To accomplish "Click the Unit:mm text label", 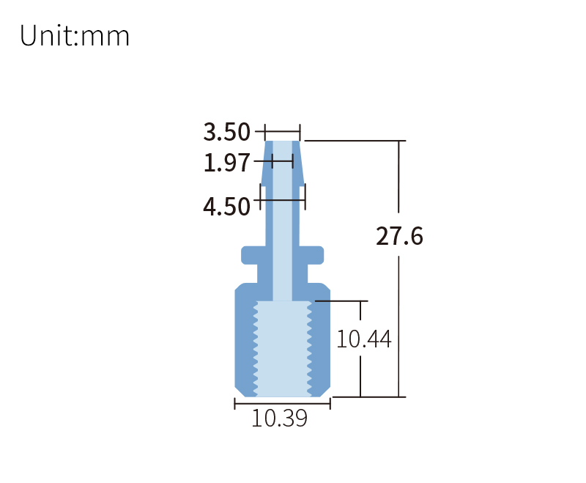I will [75, 36].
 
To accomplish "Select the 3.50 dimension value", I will [226, 133].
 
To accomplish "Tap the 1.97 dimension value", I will [226, 163].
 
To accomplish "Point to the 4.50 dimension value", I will [226, 207].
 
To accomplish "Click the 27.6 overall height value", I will [399, 236].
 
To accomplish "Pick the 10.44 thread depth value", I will [363, 339].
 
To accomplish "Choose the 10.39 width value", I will [279, 419].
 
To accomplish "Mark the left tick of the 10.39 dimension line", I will [235, 404].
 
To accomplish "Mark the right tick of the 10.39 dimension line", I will [330, 404].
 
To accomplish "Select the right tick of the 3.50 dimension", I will [300, 133].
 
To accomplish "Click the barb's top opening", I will [282, 142].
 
